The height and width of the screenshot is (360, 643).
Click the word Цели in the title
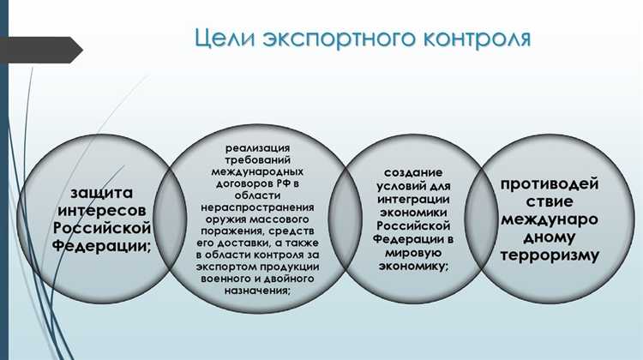pos(222,39)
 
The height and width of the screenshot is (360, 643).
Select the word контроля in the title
pos(474,39)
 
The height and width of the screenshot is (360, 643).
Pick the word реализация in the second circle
pos(257,147)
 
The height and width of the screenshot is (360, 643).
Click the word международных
pos(257,171)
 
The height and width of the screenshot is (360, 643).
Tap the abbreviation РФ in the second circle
pos(283,183)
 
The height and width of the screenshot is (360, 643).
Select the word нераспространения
pos(257,207)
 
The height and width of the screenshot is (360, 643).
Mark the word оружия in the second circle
pos(220,219)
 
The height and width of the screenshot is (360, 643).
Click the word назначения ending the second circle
pos(255,291)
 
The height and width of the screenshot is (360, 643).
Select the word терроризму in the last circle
pos(549,255)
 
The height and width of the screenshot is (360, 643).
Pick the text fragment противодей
pos(549,183)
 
